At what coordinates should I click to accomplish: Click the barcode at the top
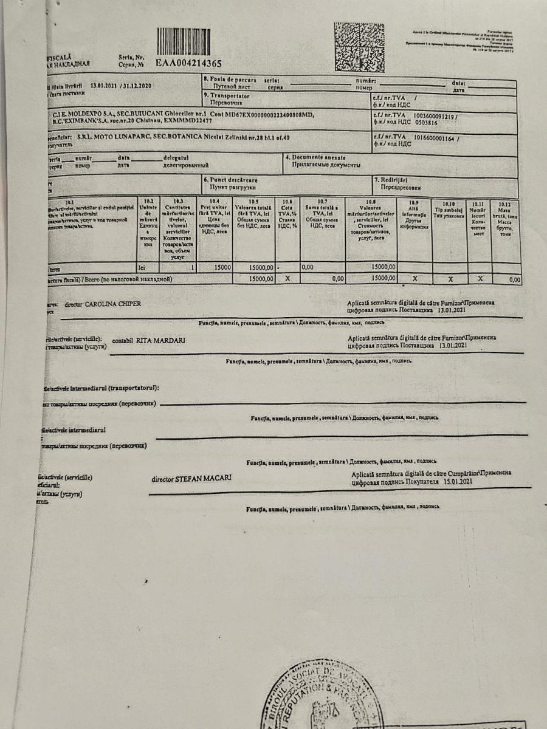pyautogui.click(x=184, y=41)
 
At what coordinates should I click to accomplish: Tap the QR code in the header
pyautogui.click(x=359, y=47)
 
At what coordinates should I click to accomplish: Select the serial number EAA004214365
pyautogui.click(x=188, y=63)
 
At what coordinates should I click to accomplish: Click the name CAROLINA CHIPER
pyautogui.click(x=113, y=303)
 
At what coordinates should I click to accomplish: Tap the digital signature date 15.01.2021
pyautogui.click(x=458, y=481)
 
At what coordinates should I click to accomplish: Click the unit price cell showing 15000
pyautogui.click(x=222, y=267)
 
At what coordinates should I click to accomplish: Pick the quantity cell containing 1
pyautogui.click(x=177, y=267)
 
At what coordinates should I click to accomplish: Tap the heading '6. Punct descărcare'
pyautogui.click(x=231, y=180)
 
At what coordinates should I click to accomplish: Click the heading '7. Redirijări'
pyautogui.click(x=394, y=180)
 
